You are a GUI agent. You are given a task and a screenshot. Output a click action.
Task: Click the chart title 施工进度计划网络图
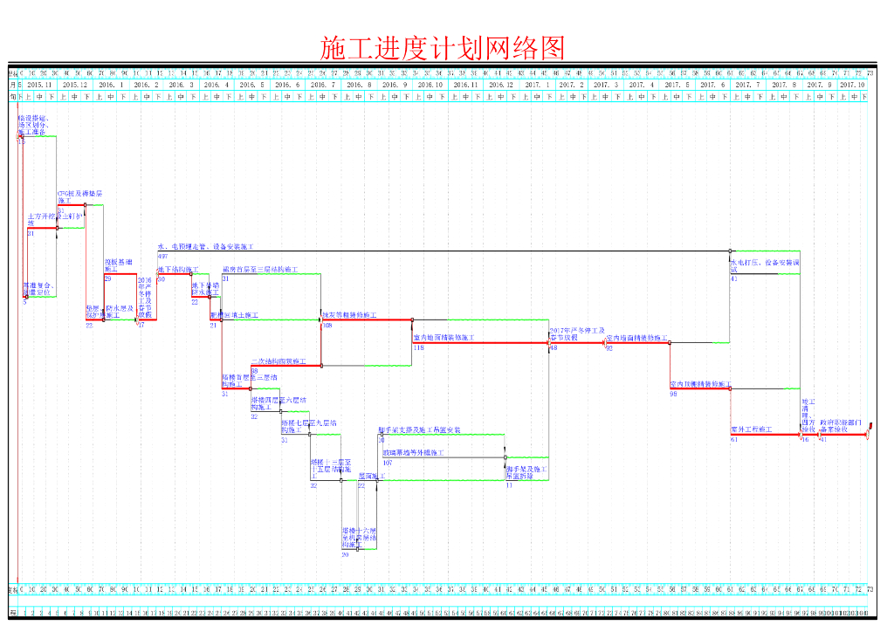444,47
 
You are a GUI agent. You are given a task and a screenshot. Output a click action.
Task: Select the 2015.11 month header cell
39,85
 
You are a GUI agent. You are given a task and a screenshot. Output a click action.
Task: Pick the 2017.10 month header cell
852,85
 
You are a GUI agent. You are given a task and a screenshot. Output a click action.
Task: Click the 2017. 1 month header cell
537,85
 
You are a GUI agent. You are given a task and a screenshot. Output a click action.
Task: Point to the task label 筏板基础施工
118,265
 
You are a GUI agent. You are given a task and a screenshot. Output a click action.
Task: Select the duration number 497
163,257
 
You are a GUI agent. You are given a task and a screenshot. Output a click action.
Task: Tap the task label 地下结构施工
178,270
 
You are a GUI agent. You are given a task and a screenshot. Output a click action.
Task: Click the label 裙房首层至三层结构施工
260,270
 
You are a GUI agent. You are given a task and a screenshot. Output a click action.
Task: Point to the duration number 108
327,326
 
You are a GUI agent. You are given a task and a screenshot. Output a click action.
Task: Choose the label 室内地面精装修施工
444,337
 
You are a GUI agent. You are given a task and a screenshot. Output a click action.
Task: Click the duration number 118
418,347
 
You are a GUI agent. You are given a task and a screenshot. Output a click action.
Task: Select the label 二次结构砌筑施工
279,361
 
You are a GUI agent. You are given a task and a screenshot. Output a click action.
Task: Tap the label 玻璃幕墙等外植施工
413,453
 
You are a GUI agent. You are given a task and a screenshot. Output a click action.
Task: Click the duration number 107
387,463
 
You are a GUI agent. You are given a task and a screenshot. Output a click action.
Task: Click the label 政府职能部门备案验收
841,426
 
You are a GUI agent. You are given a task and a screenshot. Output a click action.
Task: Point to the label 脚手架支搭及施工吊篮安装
419,430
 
